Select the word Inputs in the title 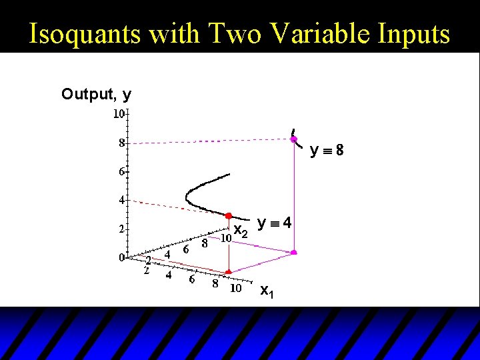[410, 34]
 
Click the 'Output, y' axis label [96, 95]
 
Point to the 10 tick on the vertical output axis [118, 114]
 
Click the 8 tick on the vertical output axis [121, 143]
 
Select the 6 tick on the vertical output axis [121, 171]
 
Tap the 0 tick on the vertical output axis [121, 257]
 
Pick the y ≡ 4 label [274, 223]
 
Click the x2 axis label [241, 233]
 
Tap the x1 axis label [265, 291]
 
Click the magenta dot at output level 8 [293, 139]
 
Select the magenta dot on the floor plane [293, 253]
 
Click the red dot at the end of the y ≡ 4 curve [228, 216]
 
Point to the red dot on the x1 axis [228, 272]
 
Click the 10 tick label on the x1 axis [235, 289]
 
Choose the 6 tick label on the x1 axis [191, 280]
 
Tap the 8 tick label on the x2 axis [205, 243]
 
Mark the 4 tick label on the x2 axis [167, 253]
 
